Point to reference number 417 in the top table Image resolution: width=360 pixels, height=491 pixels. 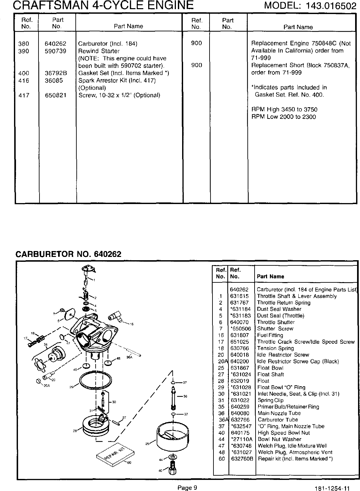(24, 95)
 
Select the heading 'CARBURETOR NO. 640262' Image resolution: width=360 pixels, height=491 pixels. (69, 254)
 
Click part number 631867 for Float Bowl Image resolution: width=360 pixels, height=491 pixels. (240, 368)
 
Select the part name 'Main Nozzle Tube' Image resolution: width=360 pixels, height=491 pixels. (279, 413)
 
